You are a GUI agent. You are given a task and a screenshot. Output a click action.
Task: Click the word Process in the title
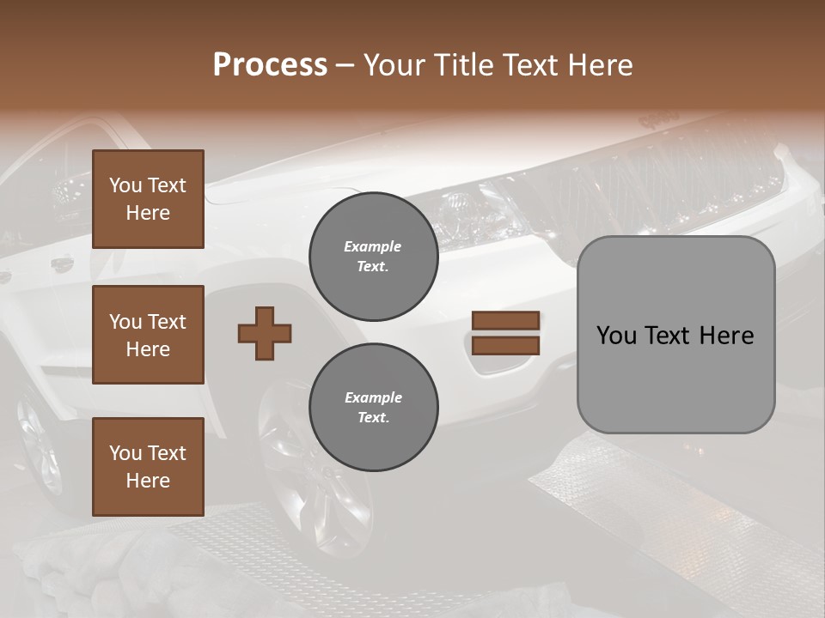point(270,65)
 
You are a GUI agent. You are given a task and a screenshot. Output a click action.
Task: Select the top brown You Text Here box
point(148,199)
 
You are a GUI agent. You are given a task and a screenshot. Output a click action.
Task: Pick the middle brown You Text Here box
point(148,335)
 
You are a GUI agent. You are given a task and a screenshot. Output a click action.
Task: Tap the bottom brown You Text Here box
point(148,466)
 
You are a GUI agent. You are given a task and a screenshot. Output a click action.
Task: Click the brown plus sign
point(265,333)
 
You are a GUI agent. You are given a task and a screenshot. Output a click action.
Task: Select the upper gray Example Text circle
point(373,256)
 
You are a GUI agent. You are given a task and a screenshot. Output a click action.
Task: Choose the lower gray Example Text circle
point(373,407)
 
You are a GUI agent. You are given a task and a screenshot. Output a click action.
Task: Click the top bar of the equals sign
point(505,320)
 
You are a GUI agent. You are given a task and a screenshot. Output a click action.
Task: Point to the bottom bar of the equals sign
point(505,345)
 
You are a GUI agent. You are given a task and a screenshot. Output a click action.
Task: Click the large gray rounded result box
point(675,335)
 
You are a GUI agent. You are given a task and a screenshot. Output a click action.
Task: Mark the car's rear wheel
point(39,446)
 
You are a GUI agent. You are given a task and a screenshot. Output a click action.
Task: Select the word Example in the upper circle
point(373,246)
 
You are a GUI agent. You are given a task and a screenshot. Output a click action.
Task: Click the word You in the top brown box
point(125,185)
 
